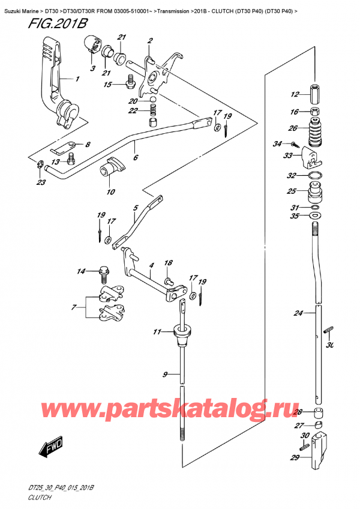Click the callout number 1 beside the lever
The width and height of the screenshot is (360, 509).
coord(77,79)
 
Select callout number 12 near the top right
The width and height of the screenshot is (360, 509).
coord(293,94)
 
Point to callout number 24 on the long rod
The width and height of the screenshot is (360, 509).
coord(299,313)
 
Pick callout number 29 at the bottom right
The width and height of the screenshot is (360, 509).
coord(294,458)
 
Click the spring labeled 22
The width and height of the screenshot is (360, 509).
coord(153,110)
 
